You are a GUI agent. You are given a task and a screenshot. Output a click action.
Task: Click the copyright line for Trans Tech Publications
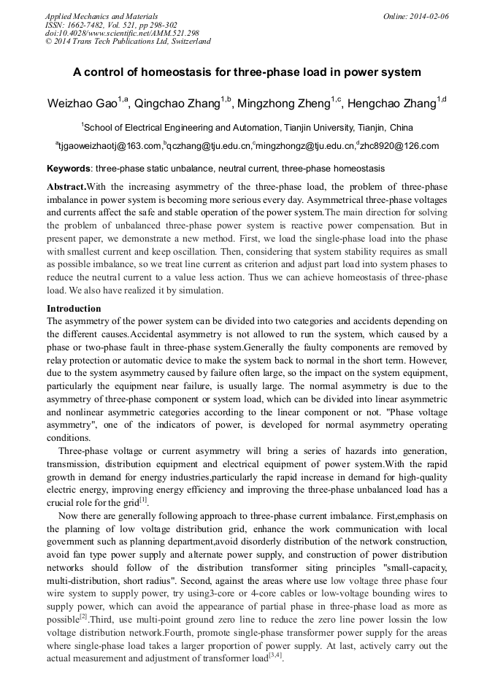[x=128, y=42]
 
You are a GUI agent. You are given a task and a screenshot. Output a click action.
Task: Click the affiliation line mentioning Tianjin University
[x=247, y=127]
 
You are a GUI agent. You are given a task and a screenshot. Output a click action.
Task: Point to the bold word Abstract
[x=66, y=186]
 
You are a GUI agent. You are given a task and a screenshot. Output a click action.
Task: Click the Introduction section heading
[x=74, y=309]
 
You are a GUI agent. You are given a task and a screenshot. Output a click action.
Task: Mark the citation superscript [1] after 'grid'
[x=143, y=499]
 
